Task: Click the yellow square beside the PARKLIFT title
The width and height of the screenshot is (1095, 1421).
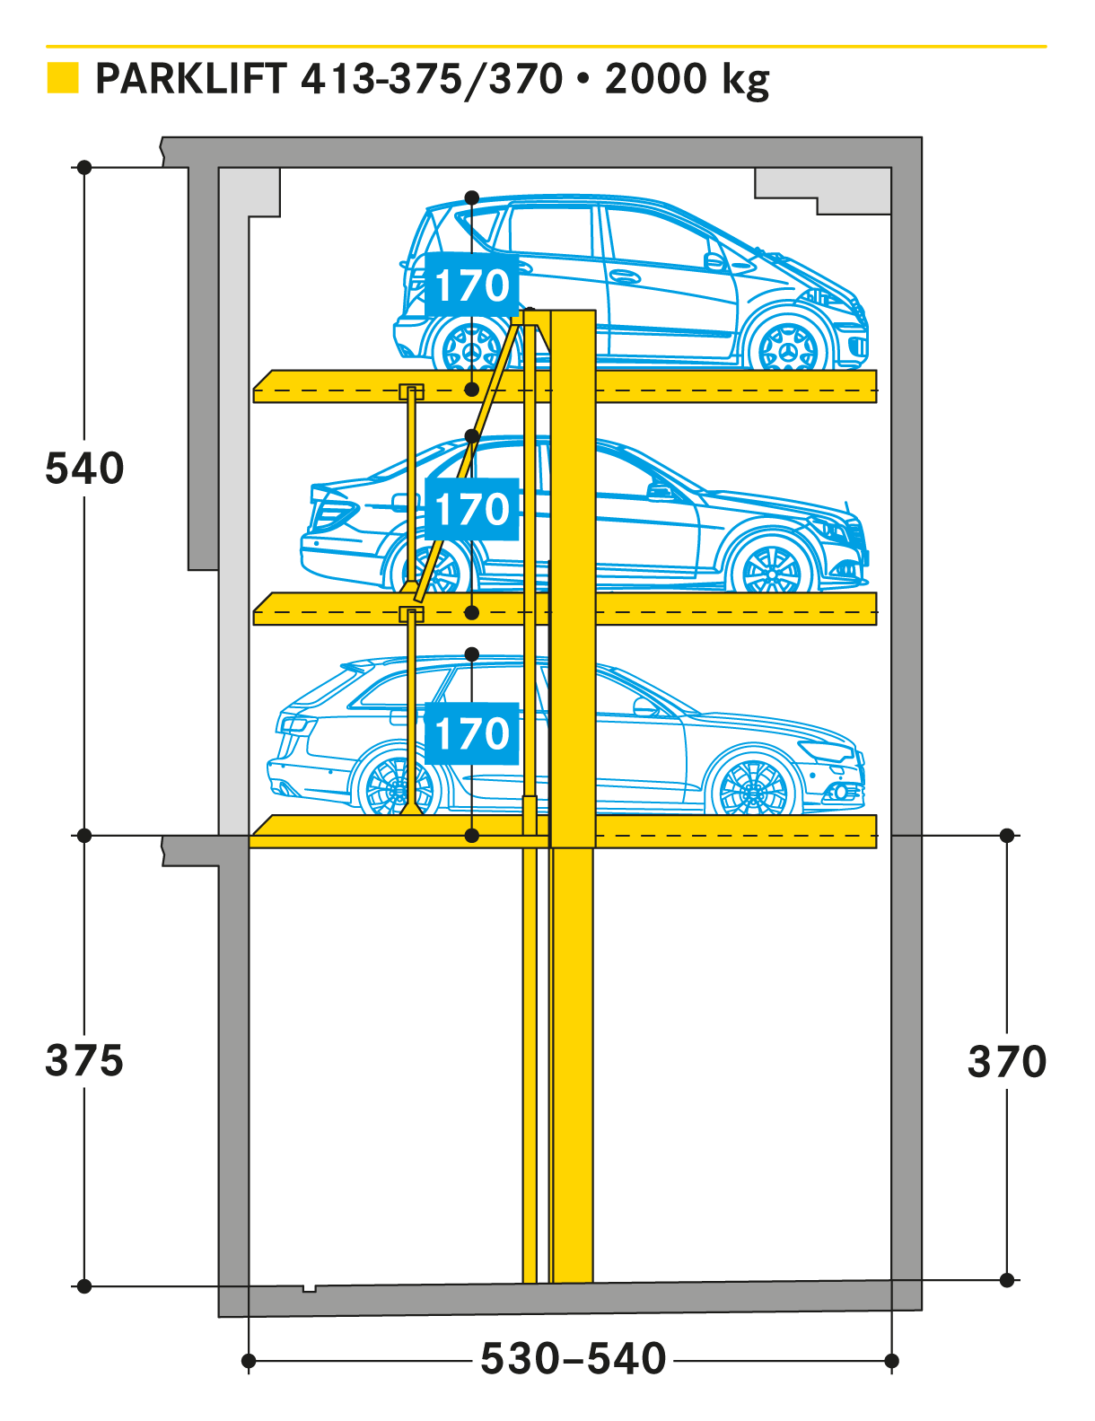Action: [63, 78]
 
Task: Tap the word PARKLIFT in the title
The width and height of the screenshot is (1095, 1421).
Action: [191, 79]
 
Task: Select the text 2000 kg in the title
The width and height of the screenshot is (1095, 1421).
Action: [688, 81]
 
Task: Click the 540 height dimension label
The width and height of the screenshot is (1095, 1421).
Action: [84, 469]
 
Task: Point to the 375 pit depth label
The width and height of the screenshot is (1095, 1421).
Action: [84, 1060]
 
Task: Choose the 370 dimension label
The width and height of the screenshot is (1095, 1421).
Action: [1007, 1061]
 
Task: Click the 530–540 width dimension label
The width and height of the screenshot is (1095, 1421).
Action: [574, 1359]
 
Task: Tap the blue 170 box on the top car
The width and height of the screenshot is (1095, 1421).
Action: [472, 285]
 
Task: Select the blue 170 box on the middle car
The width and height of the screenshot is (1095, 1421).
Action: [472, 509]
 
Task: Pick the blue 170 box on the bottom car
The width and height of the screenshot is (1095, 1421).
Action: [472, 733]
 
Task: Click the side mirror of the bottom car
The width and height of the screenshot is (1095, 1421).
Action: [644, 706]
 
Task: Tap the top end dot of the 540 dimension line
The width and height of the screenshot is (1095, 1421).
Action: [84, 167]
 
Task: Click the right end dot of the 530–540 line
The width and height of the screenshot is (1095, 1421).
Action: [891, 1361]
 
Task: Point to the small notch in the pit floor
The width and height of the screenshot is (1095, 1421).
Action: [310, 1288]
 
